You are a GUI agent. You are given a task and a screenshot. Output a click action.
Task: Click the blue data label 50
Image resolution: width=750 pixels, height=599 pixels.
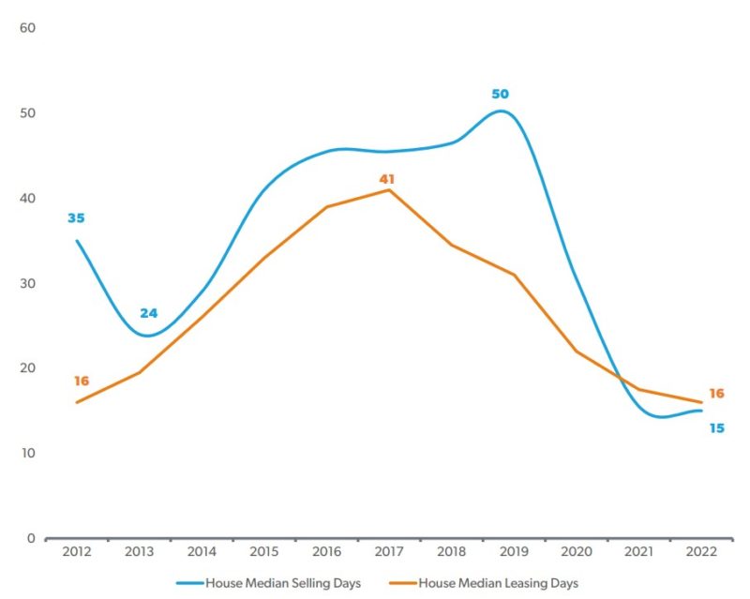click(x=501, y=94)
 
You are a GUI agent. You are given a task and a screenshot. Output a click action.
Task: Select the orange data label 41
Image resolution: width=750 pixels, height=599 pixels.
click(x=388, y=178)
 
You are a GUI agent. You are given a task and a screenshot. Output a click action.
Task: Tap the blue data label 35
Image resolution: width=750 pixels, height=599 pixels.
click(x=76, y=218)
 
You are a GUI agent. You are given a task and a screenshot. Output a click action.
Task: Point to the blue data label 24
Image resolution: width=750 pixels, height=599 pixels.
click(x=149, y=313)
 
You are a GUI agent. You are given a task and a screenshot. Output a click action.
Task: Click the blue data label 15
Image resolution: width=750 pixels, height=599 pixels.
click(x=715, y=427)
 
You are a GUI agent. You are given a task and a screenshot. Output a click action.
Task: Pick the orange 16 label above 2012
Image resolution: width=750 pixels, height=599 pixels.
click(x=82, y=381)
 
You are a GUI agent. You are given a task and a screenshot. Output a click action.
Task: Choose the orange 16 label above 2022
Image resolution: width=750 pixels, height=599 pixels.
click(x=716, y=394)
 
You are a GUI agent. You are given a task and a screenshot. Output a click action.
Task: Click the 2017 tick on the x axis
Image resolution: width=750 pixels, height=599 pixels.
click(x=389, y=553)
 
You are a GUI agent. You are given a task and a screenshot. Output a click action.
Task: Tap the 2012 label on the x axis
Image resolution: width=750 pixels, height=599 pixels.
click(x=77, y=553)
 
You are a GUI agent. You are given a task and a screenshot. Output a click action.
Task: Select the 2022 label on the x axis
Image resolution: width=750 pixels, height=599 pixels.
click(x=701, y=553)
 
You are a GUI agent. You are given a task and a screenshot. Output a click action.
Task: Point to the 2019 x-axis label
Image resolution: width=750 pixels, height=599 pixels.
click(x=514, y=553)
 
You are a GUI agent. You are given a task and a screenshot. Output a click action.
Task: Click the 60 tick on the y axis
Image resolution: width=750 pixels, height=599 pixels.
click(x=27, y=28)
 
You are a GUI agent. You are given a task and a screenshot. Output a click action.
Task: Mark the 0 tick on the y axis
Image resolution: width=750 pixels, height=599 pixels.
click(x=31, y=538)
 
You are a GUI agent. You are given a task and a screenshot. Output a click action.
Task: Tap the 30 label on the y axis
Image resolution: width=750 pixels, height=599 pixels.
click(x=27, y=283)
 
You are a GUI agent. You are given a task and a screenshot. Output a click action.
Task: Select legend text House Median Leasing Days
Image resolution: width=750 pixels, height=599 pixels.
click(x=499, y=583)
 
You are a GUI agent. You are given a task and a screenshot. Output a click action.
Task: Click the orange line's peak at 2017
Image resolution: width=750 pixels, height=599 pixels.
click(x=389, y=190)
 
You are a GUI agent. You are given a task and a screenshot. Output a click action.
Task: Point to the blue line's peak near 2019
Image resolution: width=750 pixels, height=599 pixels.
click(x=502, y=111)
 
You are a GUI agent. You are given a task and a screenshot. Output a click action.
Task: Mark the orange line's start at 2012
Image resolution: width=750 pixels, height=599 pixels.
click(x=77, y=402)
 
